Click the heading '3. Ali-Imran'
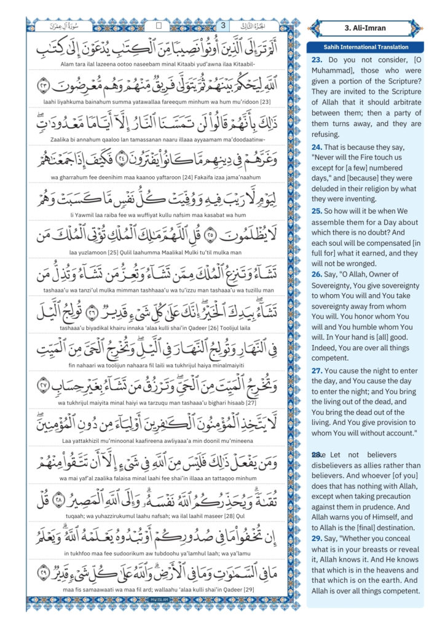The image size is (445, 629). (x=371, y=28)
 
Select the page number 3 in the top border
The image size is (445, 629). (x=222, y=26)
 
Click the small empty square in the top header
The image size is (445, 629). (x=159, y=26)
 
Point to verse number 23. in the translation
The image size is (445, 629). (x=317, y=60)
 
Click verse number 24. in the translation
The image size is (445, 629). (x=317, y=147)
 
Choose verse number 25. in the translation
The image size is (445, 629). (x=317, y=209)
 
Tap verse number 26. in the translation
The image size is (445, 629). (x=317, y=274)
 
